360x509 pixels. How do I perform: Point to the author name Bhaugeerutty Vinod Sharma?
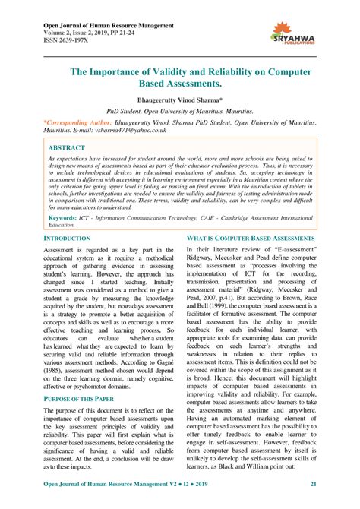click(180, 100)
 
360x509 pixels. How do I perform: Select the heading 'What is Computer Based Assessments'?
click(251, 239)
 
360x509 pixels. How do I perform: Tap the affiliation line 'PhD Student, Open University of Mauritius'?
click(180, 110)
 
